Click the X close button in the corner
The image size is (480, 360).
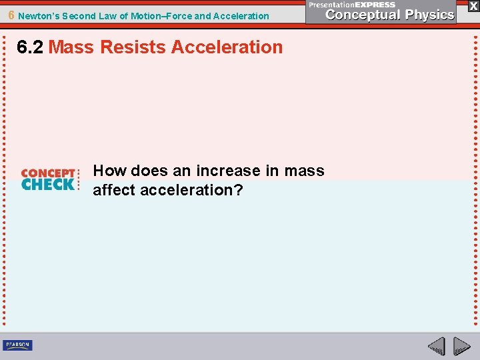tap(473, 5)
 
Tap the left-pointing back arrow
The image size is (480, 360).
tap(436, 346)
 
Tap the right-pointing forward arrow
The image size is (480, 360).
tap(461, 346)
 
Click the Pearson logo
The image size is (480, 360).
tap(17, 345)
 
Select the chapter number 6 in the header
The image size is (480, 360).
tap(11, 15)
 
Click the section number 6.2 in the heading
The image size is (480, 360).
tap(30, 47)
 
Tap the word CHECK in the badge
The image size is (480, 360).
tap(48, 185)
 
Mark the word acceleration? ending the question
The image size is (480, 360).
tap(191, 190)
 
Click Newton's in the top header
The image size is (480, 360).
tap(41, 16)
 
